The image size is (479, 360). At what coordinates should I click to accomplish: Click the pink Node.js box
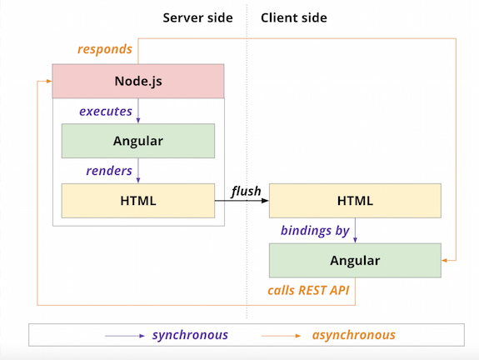(x=138, y=81)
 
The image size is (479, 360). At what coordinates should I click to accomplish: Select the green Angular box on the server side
(x=138, y=141)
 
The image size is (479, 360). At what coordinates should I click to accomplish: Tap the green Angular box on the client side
(x=355, y=261)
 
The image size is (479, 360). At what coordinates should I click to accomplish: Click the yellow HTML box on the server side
(x=138, y=201)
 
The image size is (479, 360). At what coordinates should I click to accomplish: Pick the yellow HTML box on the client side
(x=355, y=201)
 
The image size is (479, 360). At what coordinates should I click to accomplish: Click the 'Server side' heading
(x=198, y=17)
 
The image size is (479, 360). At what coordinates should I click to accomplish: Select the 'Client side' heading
(x=294, y=17)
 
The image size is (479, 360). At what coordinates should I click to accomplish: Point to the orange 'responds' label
(x=104, y=49)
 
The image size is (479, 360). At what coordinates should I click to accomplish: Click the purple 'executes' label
(x=105, y=111)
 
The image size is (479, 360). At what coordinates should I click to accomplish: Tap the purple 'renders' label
(x=108, y=171)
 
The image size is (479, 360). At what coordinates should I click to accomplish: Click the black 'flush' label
(x=246, y=192)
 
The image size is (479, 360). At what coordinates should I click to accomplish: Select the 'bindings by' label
(x=315, y=231)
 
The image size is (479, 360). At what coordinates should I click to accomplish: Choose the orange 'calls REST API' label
(x=308, y=291)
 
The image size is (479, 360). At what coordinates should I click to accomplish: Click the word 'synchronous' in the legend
(x=190, y=335)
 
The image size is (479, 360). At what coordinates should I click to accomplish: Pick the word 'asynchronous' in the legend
(x=354, y=335)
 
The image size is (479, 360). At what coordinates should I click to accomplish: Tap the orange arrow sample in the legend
(x=282, y=336)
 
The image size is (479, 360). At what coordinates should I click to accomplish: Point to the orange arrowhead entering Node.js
(x=47, y=81)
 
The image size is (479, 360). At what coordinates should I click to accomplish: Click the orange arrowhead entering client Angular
(x=446, y=261)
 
